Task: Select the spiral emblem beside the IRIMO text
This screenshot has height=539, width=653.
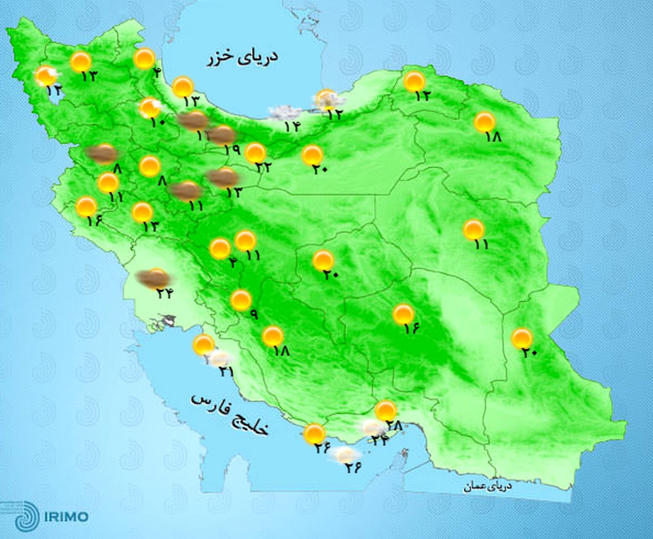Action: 26,516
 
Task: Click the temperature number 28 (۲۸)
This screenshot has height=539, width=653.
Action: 393,426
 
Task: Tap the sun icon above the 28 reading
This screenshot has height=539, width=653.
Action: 386,411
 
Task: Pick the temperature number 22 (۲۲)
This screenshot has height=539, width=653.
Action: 264,168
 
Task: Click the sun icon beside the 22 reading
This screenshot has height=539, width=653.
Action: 255,153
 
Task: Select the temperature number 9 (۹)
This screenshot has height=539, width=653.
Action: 254,314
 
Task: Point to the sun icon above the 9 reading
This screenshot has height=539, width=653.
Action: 241,300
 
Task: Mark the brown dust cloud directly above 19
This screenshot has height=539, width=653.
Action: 222,134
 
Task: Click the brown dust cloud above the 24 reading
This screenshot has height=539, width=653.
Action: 152,279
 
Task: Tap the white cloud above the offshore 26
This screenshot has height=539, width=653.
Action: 346,454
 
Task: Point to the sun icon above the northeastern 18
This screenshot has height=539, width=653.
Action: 484,122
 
